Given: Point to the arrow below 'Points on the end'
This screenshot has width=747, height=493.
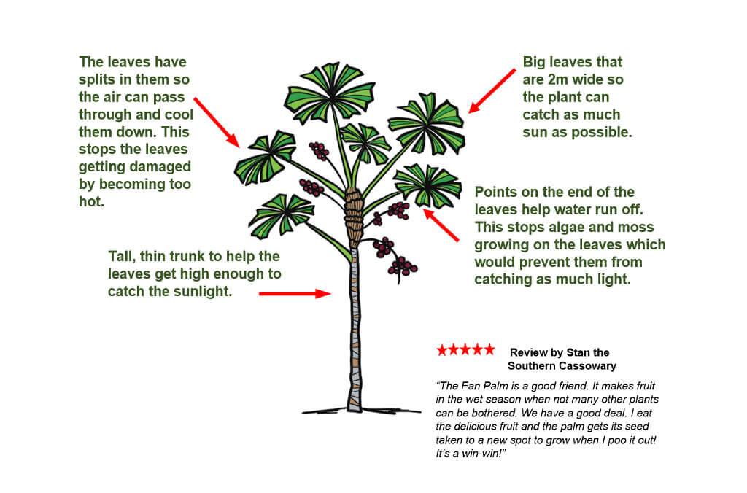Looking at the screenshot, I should point(441,225).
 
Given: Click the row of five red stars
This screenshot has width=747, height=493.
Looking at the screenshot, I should point(465,350).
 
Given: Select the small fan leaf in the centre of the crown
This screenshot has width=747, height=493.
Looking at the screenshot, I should point(365,138).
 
